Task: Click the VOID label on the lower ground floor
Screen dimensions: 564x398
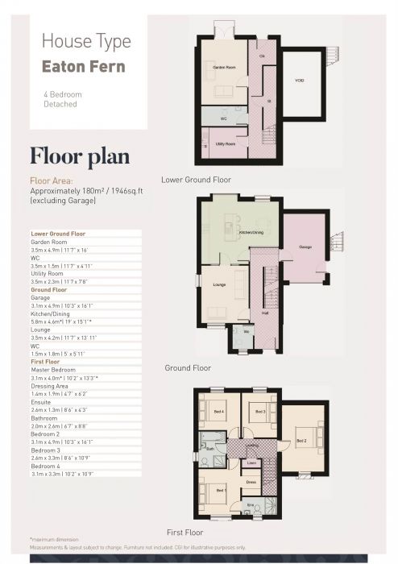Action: [299, 81]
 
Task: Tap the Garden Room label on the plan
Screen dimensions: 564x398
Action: [224, 68]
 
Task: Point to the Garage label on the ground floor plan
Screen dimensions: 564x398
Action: [305, 247]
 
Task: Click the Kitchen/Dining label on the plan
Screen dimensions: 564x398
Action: [251, 234]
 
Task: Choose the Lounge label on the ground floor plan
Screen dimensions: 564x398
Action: [218, 284]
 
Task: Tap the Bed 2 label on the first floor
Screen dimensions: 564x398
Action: [301, 441]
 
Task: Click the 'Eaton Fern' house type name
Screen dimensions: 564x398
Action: [84, 65]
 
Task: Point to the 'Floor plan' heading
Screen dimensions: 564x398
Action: [77, 155]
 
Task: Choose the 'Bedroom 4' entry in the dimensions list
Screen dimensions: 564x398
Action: [47, 466]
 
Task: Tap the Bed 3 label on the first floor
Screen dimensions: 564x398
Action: [259, 412]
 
